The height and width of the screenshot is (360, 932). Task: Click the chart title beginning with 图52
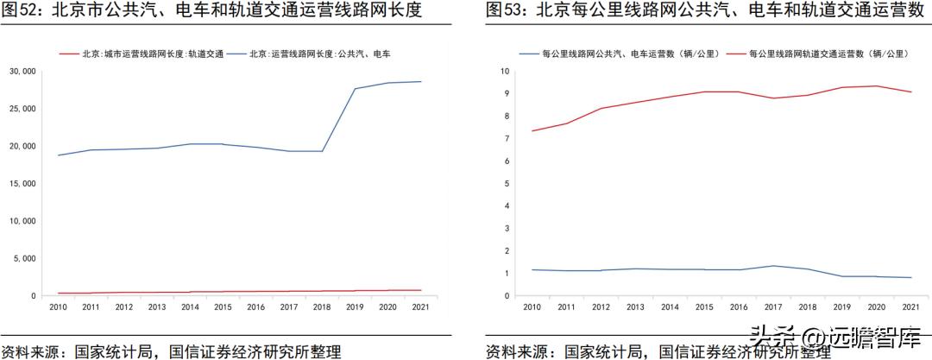coord(211,11)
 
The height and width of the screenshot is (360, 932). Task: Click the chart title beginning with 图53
coord(699,11)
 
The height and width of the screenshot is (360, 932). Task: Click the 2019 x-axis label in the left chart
coord(356,306)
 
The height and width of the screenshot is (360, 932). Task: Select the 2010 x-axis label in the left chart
coord(59,306)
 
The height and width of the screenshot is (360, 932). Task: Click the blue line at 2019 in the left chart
coord(356,89)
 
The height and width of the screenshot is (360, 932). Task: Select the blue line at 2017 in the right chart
coord(774,266)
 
